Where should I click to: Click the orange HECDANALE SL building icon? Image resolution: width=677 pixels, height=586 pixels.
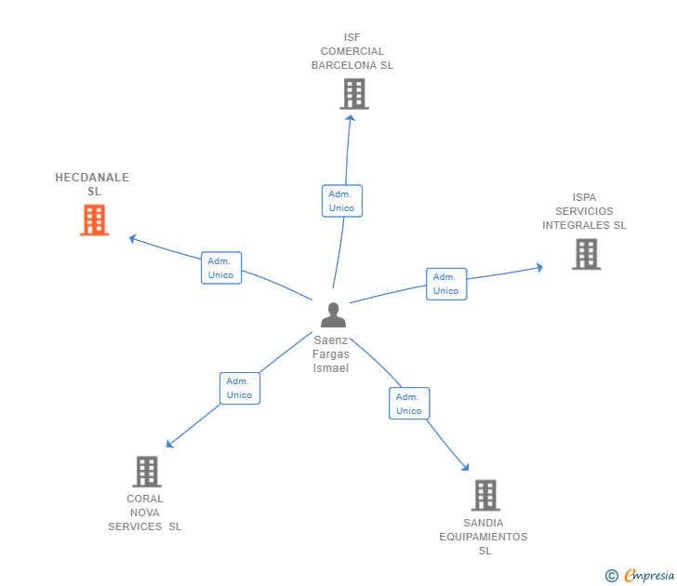point(94,220)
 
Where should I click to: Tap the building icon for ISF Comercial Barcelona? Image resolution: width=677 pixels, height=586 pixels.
point(354,94)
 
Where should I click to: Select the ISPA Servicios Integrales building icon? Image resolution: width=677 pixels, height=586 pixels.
point(586,254)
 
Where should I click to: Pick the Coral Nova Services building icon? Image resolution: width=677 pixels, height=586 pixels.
point(147,472)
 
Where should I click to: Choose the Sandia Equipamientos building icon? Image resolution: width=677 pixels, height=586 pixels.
point(485,496)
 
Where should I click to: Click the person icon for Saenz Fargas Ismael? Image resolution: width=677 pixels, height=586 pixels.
point(333,314)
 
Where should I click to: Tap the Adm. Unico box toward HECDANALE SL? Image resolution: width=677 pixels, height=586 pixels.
point(221,268)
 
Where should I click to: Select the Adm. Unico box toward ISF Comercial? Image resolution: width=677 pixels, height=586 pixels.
point(342,201)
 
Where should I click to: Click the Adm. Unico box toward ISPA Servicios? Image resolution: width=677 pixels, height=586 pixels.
point(446,284)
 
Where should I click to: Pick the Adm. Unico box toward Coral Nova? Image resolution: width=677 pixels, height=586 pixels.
point(240,388)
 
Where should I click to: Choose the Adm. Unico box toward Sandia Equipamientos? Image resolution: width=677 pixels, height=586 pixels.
point(409,404)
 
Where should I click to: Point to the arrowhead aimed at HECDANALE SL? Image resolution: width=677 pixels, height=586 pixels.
point(133,238)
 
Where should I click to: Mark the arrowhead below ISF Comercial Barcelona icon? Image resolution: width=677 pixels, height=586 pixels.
point(351,118)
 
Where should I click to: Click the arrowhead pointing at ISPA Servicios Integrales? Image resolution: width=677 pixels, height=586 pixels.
point(539,267)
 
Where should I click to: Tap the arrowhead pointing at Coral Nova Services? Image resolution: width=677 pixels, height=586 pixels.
point(170,445)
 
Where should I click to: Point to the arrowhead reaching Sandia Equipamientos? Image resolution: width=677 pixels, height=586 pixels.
point(465,467)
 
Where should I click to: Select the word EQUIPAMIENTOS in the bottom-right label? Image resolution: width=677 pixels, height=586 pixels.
point(484,537)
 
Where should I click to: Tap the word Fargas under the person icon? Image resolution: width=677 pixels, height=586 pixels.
point(331,354)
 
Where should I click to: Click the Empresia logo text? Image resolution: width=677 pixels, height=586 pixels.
point(648,575)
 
